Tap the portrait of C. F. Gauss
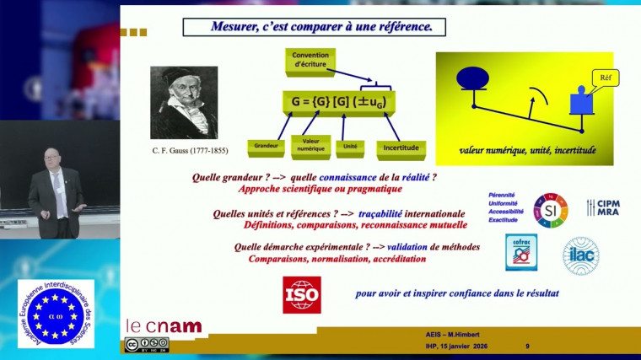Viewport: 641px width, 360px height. (184, 104)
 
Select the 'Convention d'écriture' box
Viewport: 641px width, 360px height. (310, 60)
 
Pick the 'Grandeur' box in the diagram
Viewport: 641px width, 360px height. (267, 146)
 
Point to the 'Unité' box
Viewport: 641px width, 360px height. (351, 146)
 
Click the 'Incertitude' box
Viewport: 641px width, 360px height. (401, 147)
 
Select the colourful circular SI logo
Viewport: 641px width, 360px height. (552, 209)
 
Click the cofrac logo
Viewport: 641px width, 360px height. (522, 253)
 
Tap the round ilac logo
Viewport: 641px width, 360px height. (581, 255)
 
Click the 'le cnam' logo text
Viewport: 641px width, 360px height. (164, 325)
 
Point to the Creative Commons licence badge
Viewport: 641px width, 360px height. (147, 344)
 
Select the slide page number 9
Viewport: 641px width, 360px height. (527, 346)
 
